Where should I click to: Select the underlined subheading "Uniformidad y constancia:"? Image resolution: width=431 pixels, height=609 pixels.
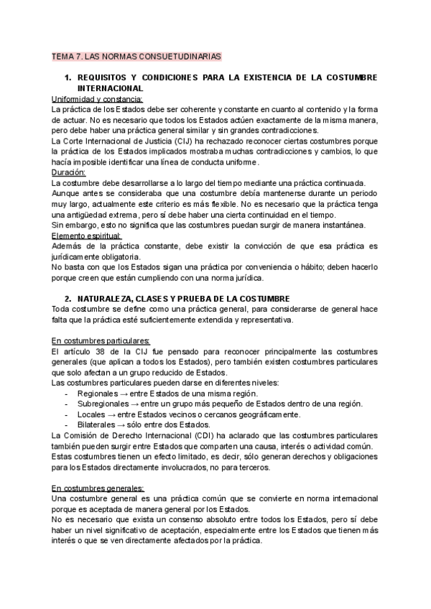pyautogui.click(x=98, y=99)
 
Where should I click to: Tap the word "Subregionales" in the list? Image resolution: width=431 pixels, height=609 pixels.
pyautogui.click(x=108, y=404)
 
